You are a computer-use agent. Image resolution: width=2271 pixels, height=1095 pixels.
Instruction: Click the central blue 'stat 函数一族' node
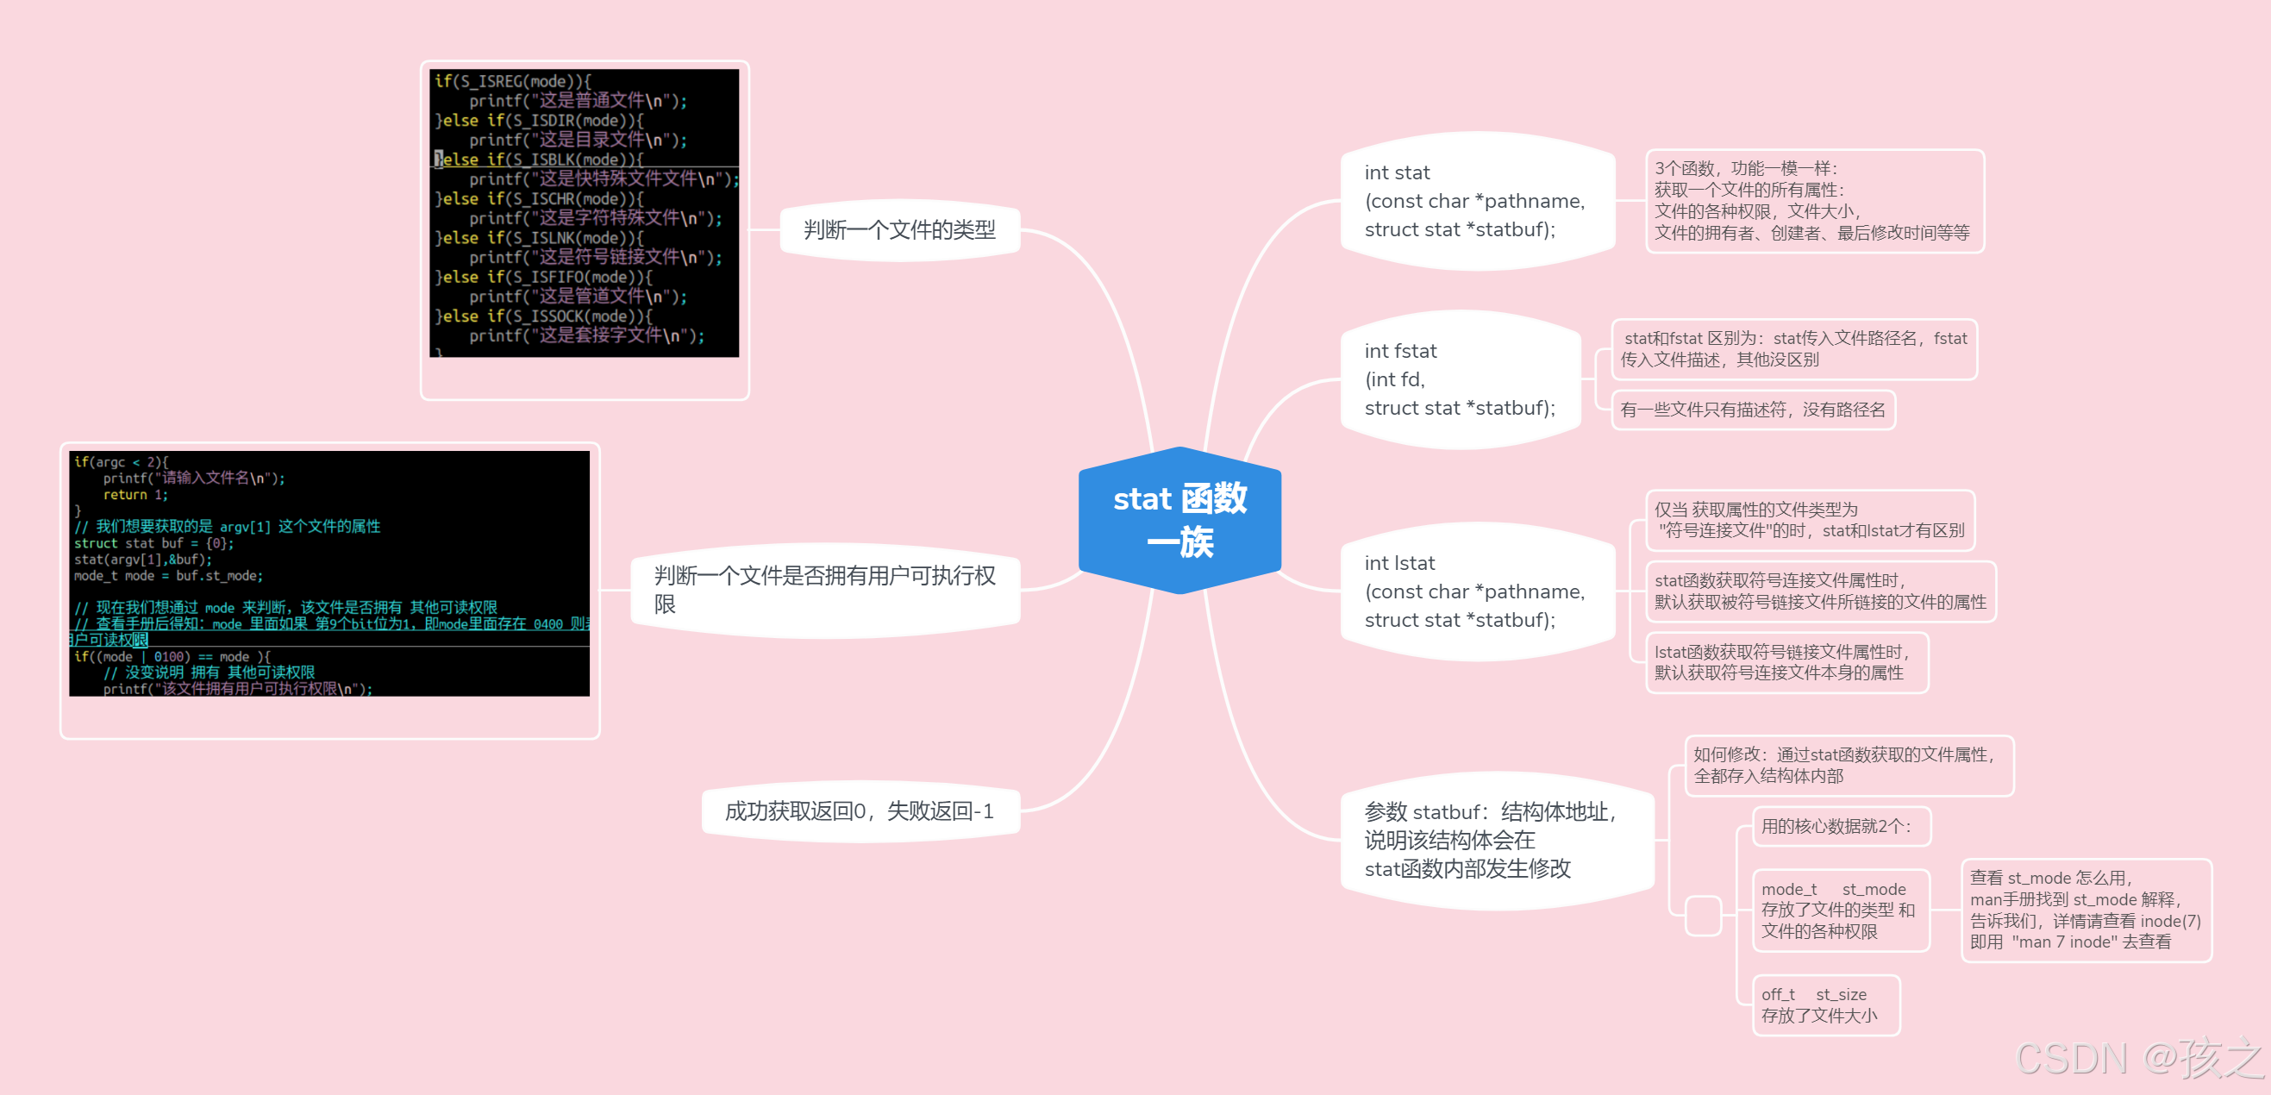1179,520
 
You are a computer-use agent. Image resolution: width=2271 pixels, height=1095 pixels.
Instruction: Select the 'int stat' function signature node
1474,201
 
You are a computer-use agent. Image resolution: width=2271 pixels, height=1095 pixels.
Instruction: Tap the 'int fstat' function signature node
1460,380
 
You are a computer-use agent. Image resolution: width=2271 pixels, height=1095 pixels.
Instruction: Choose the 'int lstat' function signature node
1474,591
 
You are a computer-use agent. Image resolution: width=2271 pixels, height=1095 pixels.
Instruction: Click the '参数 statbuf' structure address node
1493,840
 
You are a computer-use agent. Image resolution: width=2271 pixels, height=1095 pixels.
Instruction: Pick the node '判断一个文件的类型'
899,230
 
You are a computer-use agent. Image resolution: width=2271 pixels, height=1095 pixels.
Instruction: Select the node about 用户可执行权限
825,590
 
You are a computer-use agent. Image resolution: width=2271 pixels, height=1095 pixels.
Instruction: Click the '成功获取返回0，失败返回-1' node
860,811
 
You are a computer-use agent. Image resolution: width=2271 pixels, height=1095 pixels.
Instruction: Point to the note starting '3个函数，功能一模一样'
1812,201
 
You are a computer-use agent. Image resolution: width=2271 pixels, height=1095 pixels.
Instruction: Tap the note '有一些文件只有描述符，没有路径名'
1753,410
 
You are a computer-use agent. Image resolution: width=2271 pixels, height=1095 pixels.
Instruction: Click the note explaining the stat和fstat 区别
1793,349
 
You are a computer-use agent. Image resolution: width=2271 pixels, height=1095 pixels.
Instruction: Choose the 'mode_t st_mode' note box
1839,910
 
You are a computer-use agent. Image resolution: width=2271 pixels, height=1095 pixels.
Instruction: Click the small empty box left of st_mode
1702,915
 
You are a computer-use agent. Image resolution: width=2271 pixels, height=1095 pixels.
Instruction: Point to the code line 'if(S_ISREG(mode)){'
513,81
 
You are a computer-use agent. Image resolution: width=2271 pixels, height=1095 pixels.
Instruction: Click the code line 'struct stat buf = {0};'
154,543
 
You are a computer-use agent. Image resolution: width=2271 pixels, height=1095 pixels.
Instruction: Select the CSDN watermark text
2138,1058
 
